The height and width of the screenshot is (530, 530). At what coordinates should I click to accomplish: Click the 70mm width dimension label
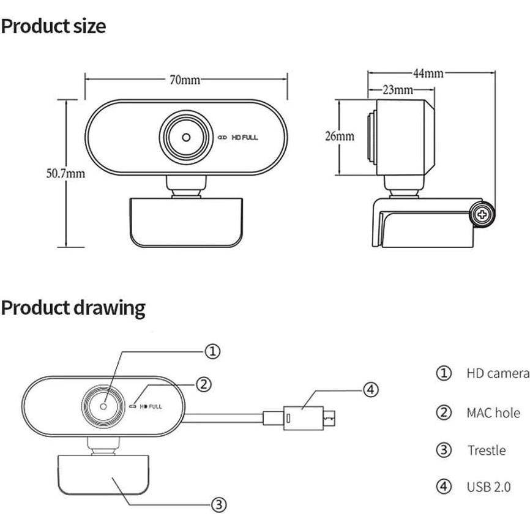point(185,80)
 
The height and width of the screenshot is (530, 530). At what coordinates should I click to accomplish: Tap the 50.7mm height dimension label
point(65,173)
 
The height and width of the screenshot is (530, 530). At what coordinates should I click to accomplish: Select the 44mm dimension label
point(428,73)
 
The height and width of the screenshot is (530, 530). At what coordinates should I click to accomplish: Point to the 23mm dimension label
point(397,90)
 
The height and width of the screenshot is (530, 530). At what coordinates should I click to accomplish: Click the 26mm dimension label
point(339,136)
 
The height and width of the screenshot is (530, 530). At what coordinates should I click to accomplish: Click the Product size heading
point(53,26)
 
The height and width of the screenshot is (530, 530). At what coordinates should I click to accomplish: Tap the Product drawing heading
point(73,307)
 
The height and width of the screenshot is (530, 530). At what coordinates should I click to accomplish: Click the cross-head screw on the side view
point(482,215)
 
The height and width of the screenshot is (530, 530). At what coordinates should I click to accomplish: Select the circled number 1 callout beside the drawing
point(212,351)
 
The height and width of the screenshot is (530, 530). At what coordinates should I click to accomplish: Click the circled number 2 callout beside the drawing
point(204,384)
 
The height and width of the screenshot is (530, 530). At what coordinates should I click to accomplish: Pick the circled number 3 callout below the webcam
point(219,504)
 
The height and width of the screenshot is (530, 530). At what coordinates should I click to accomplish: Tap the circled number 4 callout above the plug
point(371,389)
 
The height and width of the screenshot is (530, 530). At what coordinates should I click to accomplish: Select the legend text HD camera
point(497,373)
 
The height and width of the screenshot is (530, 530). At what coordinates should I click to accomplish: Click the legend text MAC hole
point(493,413)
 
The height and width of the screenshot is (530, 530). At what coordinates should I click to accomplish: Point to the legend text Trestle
point(487,451)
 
